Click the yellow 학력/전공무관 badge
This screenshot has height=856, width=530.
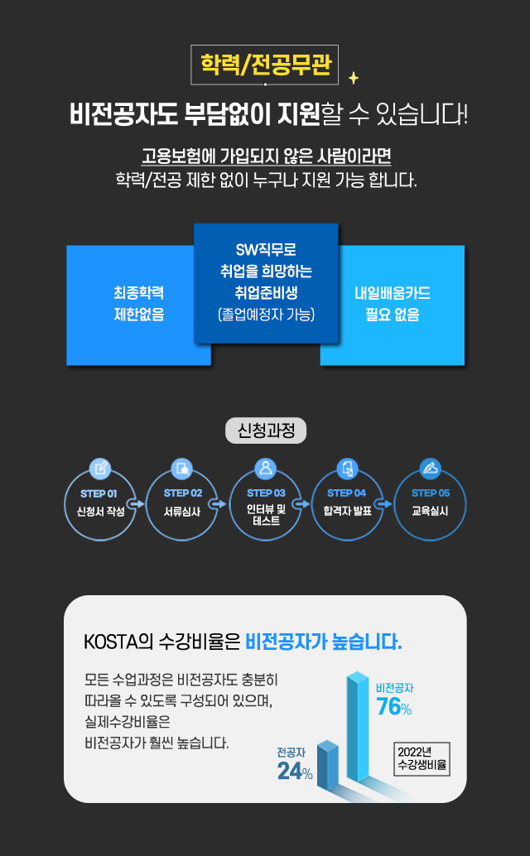(265, 65)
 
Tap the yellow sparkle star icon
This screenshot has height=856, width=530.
(354, 78)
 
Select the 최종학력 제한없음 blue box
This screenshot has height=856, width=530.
(138, 304)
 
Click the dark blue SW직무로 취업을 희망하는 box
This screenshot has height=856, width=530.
(266, 282)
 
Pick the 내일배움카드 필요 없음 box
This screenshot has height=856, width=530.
(393, 304)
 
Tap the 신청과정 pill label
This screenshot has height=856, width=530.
(265, 430)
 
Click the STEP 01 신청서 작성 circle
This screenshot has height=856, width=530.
(99, 503)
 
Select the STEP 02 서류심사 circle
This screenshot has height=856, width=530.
(182, 503)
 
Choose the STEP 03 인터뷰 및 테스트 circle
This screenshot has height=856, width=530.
(265, 503)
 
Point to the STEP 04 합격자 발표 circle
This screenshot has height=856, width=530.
(348, 503)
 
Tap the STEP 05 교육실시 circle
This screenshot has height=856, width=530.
(430, 503)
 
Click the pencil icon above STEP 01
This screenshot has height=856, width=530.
(99, 469)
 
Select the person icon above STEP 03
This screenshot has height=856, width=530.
(265, 469)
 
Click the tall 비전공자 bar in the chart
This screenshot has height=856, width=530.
(358, 729)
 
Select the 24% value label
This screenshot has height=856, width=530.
(295, 772)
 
